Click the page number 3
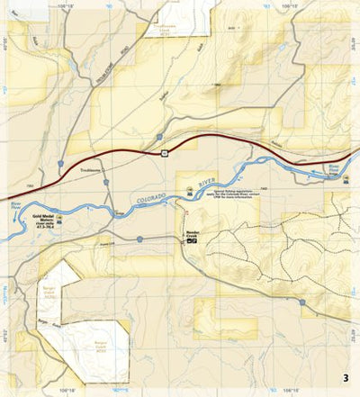click(x=345, y=377)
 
